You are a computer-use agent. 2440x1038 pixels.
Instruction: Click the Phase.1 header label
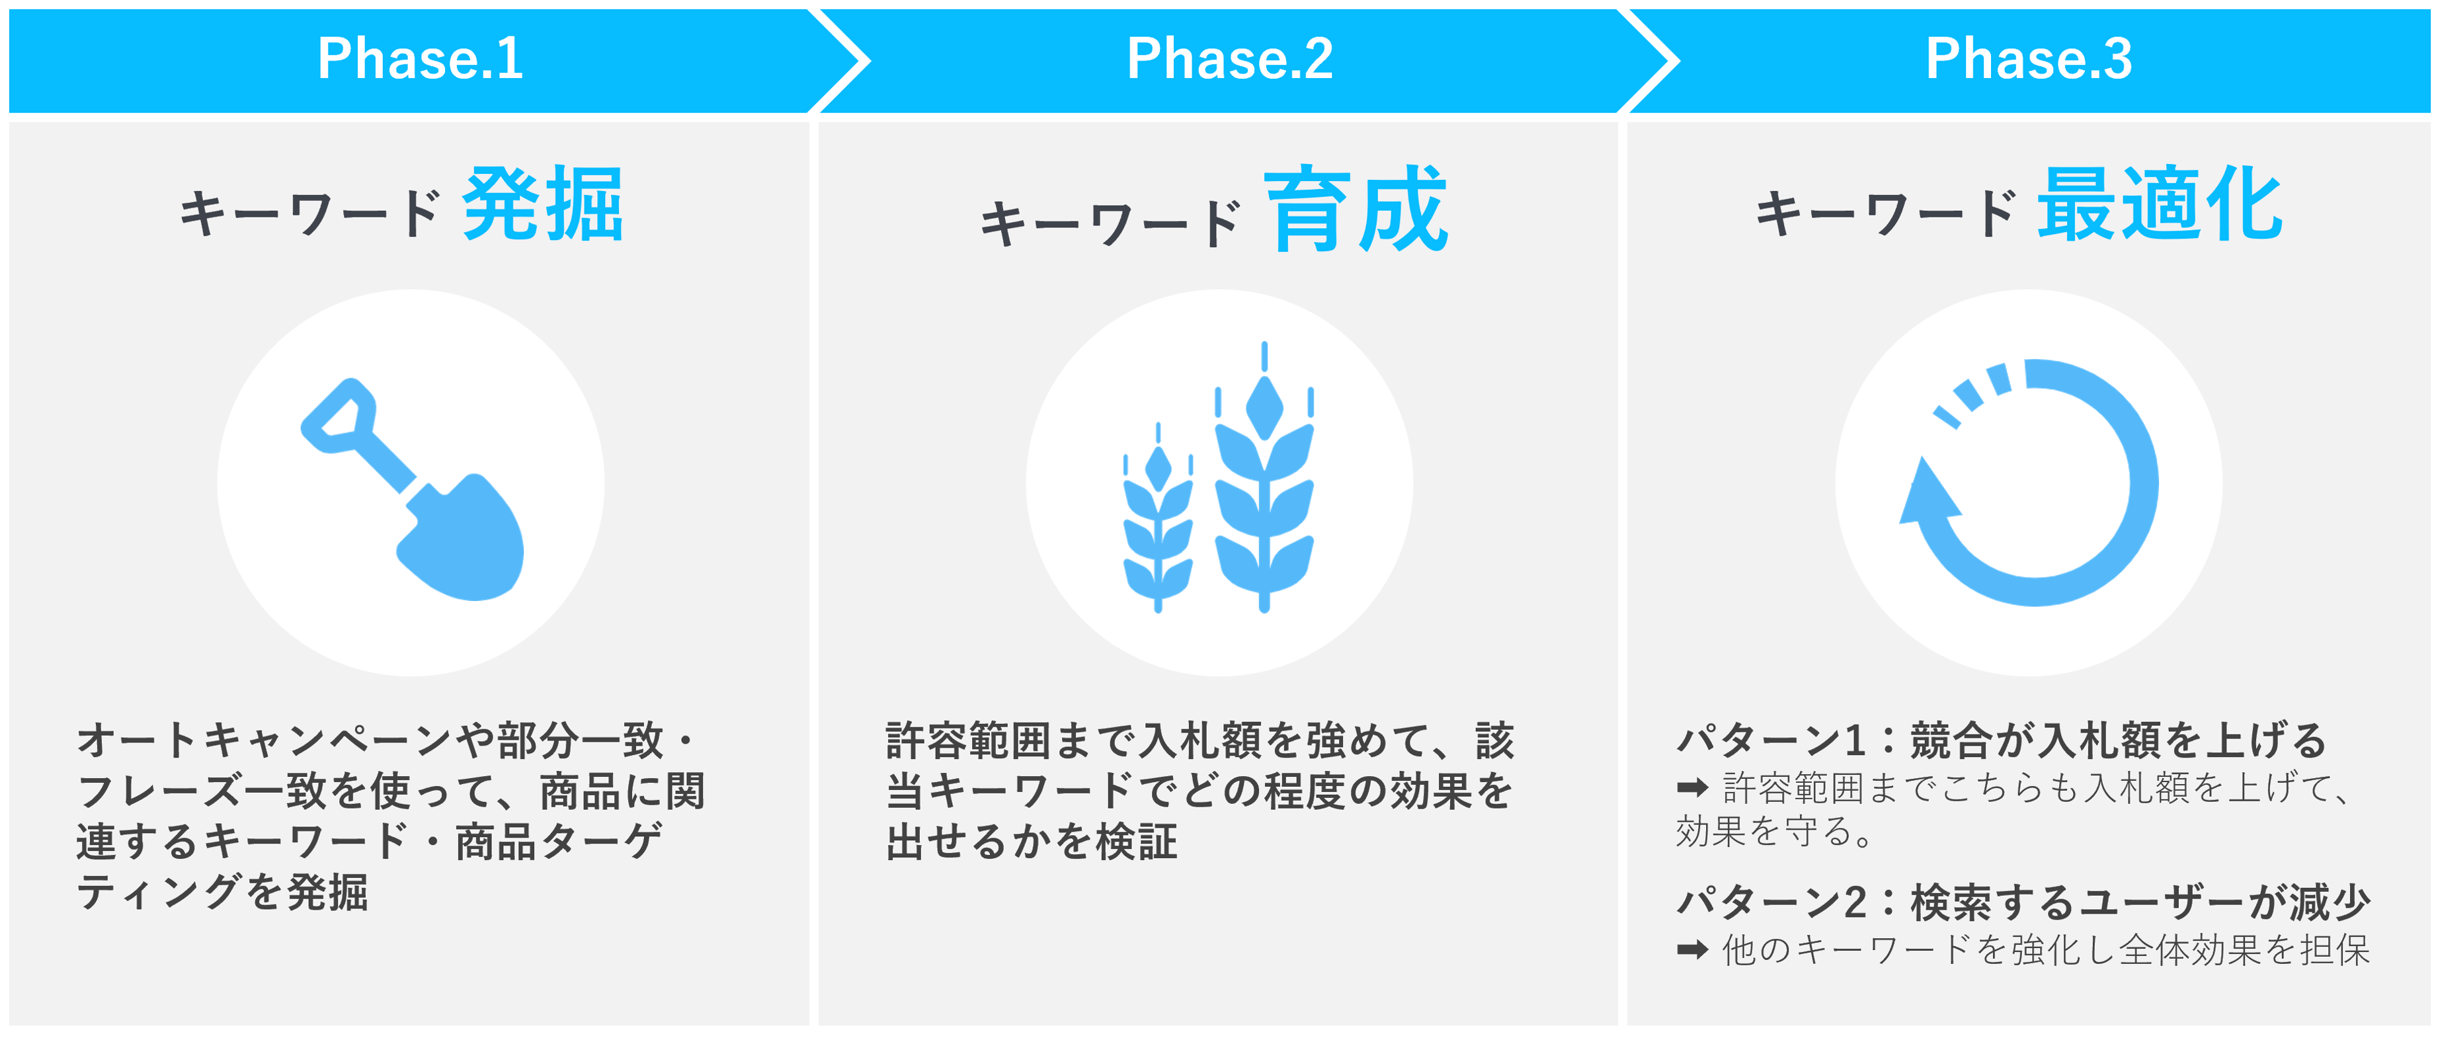[x=420, y=59]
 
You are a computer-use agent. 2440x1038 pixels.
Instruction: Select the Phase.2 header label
[x=1229, y=59]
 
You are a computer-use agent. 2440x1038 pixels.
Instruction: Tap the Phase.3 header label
[x=2029, y=59]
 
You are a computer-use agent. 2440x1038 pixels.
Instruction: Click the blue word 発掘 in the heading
[x=543, y=204]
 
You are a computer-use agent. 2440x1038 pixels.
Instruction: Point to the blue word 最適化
[x=2160, y=204]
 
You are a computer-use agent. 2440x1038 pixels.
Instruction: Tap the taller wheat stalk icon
[x=1264, y=478]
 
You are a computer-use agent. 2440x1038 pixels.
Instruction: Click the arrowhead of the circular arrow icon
[x=1927, y=493]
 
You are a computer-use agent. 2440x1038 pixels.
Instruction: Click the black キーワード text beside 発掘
[x=309, y=212]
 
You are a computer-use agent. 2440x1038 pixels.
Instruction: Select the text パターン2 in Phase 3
[x=1772, y=902]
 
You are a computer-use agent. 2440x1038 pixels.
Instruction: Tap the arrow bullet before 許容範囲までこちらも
[x=1691, y=787]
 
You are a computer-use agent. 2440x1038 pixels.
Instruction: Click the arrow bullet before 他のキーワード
[x=1691, y=949]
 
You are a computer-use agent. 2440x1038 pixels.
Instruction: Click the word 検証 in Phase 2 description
[x=1137, y=841]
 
